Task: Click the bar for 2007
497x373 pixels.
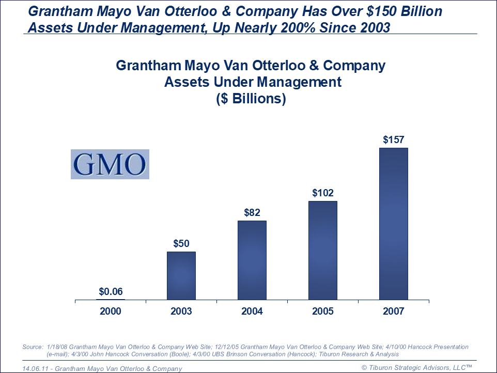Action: coord(394,224)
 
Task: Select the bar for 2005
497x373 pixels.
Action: coord(323,250)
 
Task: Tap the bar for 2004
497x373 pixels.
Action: coord(252,260)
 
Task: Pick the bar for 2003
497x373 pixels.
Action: coord(181,275)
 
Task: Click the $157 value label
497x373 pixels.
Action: coord(394,139)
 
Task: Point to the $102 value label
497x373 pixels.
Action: coord(323,193)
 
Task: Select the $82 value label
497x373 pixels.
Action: coord(252,212)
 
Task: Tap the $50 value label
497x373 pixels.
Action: coord(181,243)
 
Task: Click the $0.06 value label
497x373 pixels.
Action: coord(111,291)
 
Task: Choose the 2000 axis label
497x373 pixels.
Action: coord(111,311)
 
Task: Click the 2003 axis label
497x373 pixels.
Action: coord(181,311)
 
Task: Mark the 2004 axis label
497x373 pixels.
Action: coord(252,311)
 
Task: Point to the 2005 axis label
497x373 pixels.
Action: coord(323,311)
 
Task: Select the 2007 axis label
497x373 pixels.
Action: coord(394,311)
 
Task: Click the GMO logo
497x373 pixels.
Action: coord(110,164)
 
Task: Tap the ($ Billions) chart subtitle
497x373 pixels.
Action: coord(251,99)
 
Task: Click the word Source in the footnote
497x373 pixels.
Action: coord(33,347)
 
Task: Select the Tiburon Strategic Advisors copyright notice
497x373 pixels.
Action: coord(416,367)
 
